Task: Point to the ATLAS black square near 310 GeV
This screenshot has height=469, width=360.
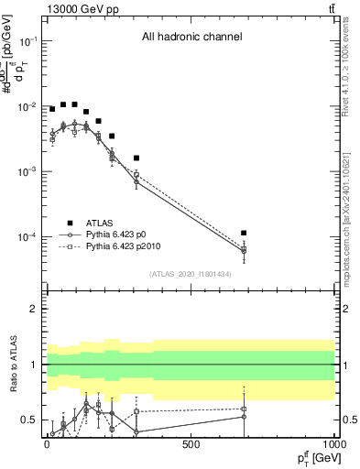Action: [x=136, y=158]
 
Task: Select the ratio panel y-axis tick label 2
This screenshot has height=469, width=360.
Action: [x=33, y=309]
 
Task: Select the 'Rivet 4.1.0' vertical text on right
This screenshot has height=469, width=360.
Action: [x=353, y=73]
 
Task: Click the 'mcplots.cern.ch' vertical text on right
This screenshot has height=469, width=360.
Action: [x=353, y=220]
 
